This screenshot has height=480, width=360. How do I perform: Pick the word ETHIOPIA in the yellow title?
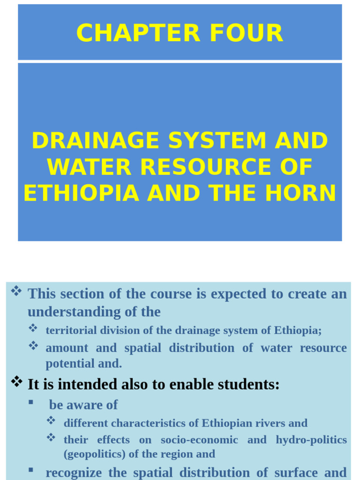81,193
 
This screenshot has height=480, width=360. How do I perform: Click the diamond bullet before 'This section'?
16,292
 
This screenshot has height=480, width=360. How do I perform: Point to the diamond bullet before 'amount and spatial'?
33,346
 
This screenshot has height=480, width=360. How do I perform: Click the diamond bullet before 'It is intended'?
16,382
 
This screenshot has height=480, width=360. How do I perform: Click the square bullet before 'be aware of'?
31,402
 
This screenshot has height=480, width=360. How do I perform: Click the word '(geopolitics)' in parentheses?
94,454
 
